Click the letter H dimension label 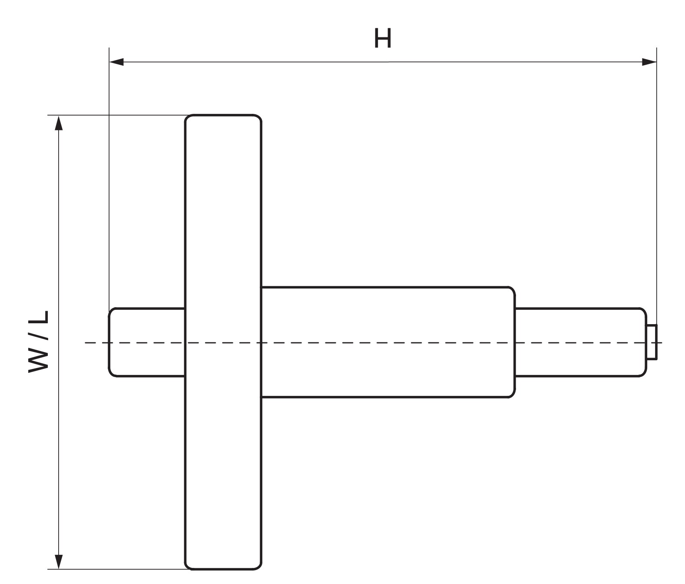[x=383, y=38]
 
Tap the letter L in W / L [x=39, y=318]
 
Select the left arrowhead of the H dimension [x=116, y=62]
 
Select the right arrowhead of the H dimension [x=649, y=62]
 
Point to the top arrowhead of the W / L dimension [x=59, y=123]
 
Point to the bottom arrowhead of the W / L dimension [x=59, y=561]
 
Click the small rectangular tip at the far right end [x=652, y=342]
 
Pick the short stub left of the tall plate [x=146, y=342]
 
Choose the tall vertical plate [x=223, y=342]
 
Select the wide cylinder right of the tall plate [x=388, y=342]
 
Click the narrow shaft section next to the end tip [x=581, y=342]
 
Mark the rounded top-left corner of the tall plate [x=187, y=117]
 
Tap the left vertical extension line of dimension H [x=109, y=178]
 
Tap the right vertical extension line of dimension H [x=657, y=186]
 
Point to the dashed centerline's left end [x=85, y=342]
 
